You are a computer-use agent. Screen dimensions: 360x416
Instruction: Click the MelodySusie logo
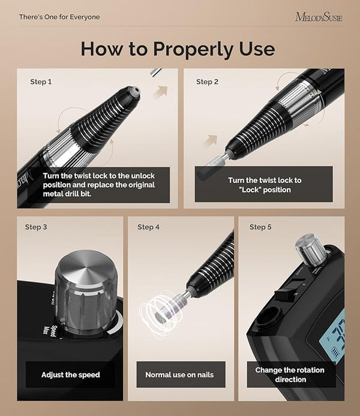tap(319, 17)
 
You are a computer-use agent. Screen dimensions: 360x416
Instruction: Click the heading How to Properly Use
tap(178, 49)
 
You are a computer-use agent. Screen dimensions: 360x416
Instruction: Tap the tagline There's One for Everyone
tap(59, 17)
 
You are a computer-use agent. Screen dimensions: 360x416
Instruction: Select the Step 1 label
tap(41, 82)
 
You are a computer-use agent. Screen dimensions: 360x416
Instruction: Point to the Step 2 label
tap(207, 82)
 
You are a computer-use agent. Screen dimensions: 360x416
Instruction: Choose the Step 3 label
tap(36, 227)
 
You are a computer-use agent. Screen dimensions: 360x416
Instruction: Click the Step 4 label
tap(148, 227)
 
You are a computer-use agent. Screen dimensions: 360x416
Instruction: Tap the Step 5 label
tap(260, 227)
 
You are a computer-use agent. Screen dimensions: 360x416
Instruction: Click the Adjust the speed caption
tap(71, 375)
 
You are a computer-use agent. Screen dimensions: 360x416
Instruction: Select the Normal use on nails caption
tap(179, 375)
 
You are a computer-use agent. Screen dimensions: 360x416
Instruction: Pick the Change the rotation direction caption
tap(290, 375)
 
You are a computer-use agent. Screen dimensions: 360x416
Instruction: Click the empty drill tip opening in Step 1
tap(136, 92)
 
